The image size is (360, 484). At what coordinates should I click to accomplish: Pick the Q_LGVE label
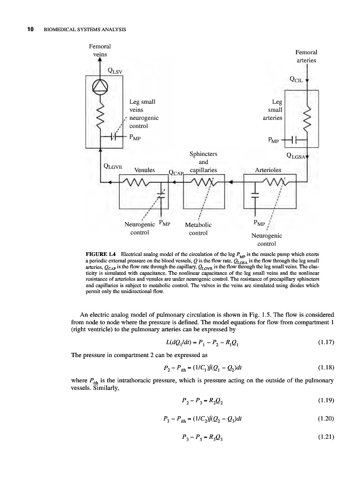[114, 166]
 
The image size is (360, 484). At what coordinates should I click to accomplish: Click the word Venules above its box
[144, 170]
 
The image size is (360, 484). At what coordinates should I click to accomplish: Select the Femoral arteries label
[306, 57]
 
